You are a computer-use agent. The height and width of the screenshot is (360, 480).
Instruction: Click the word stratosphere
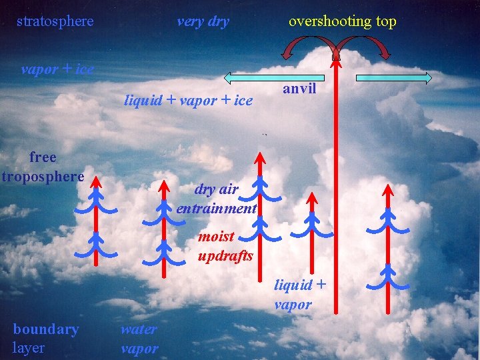55,21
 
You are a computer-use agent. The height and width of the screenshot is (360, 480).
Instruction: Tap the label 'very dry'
203,21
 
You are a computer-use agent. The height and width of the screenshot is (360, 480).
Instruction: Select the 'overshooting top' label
342,21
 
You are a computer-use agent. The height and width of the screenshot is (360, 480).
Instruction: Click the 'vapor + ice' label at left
57,69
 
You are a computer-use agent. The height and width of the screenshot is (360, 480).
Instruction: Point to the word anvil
299,89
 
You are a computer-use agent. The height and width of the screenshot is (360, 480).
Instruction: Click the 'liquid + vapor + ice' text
189,101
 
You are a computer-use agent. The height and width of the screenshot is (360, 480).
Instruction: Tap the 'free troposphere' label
43,167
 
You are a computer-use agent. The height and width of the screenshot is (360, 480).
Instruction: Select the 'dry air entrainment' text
217,199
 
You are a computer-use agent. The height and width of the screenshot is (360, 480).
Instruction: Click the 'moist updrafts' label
225,246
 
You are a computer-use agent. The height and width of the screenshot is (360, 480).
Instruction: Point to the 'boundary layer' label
45,338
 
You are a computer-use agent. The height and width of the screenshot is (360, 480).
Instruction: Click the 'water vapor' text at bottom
139,338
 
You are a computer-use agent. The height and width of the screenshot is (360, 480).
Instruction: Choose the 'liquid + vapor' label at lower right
299,295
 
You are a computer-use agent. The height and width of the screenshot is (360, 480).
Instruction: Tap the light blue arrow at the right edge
393,79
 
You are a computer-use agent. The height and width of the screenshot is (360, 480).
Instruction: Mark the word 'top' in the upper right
385,21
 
